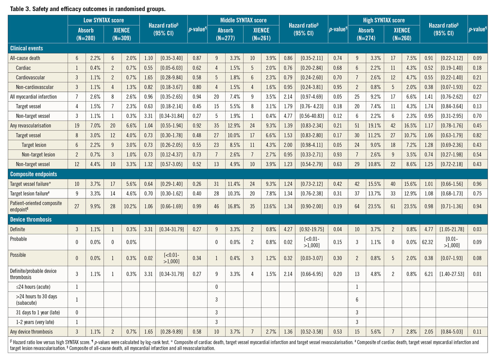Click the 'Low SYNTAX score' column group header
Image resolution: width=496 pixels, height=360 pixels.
(x=103, y=20)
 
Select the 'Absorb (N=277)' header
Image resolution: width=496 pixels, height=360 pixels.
(x=225, y=34)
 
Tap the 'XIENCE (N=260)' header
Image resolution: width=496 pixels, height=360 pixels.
(x=402, y=34)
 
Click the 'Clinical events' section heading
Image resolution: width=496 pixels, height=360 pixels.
(x=26, y=48)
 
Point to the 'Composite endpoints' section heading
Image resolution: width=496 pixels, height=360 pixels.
(x=33, y=174)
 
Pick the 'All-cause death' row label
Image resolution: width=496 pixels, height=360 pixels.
(x=25, y=58)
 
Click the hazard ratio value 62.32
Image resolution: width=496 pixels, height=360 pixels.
(x=427, y=242)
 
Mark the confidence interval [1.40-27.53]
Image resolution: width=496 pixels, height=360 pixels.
(x=451, y=274)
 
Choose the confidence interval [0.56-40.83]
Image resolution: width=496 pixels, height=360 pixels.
(x=312, y=116)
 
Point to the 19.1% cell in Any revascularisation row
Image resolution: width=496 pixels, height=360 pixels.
(x=374, y=126)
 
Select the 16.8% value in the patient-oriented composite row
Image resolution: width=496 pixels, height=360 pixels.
(x=234, y=206)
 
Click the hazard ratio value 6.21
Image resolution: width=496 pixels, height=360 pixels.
(x=428, y=274)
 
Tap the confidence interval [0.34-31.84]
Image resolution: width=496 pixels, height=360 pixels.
(x=172, y=116)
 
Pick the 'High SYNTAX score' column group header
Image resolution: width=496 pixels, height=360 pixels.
(x=384, y=20)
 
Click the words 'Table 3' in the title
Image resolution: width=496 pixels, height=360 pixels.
(x=20, y=9)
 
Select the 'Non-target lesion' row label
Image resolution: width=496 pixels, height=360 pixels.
(x=38, y=155)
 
